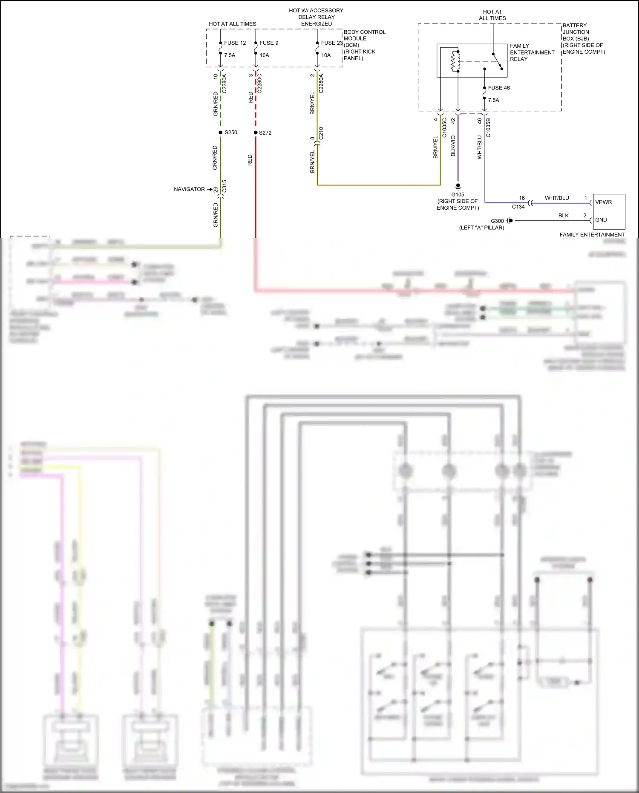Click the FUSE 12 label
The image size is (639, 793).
click(x=235, y=43)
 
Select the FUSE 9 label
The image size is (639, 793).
click(x=269, y=43)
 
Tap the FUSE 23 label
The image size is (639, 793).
click(x=331, y=43)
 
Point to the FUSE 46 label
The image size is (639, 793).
click(x=499, y=88)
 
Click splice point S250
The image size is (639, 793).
click(x=221, y=133)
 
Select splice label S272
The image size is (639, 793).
click(x=265, y=133)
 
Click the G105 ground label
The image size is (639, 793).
click(x=458, y=195)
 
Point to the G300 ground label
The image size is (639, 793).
click(x=497, y=221)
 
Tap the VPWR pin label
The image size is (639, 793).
click(x=604, y=202)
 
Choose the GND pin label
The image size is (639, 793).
click(x=601, y=220)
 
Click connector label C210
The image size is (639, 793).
click(x=321, y=133)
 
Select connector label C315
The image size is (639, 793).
click(x=225, y=186)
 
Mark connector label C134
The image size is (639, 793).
click(x=518, y=207)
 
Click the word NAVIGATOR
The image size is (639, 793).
click(x=189, y=189)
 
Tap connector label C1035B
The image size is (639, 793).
click(x=488, y=128)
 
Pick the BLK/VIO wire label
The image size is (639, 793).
click(x=453, y=146)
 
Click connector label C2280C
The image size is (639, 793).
click(x=259, y=84)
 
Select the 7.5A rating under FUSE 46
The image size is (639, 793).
click(x=494, y=101)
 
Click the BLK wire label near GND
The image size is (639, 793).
click(x=564, y=216)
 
